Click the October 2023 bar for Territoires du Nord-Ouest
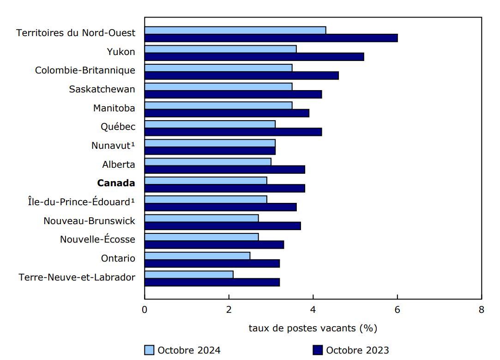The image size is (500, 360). pos(271,38)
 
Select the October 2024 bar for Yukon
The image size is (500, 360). pos(220,49)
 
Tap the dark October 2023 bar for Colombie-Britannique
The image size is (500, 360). pos(241,75)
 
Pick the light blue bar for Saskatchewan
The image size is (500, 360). pos(218,86)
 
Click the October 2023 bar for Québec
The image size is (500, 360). pos(233,132)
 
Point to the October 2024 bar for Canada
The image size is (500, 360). pos(205,180)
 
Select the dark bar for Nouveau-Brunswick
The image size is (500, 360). pos(223,226)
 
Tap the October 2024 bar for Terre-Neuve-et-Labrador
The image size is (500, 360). pos(189,275)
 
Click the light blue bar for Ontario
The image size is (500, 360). pos(197,256)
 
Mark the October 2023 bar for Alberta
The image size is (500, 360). pos(225,169)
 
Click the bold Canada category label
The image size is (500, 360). pos(116,183)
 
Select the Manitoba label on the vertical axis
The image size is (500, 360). pos(114,108)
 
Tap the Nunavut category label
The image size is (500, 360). pos(113,146)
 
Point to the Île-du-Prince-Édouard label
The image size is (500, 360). pos(81,202)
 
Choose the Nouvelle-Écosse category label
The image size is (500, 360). pos(97,239)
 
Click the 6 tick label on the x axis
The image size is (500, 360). pos(397,310)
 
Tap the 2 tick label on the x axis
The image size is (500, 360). pos(229,310)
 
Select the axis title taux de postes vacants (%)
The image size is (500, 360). pos(313,328)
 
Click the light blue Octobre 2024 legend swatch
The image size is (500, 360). pos(149,350)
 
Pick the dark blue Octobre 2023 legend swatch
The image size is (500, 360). pos(318,350)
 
